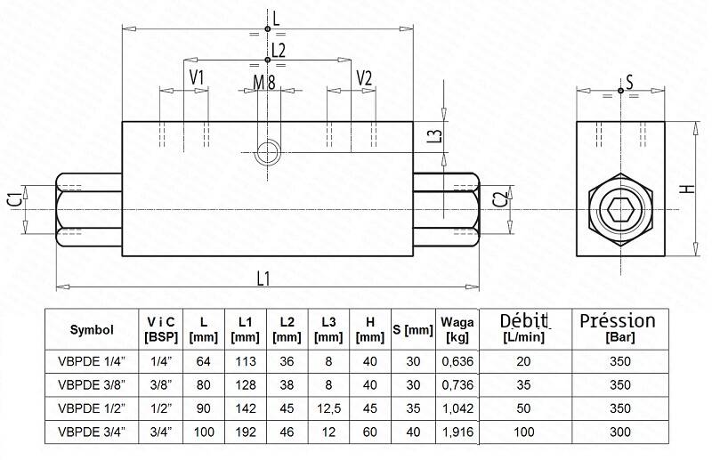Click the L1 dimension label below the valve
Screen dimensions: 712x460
[263, 278]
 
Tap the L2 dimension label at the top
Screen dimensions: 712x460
[279, 50]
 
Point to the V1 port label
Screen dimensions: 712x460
[197, 77]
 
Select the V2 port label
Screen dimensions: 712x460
[364, 78]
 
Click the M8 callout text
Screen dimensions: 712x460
[264, 83]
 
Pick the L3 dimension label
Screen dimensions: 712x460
[435, 136]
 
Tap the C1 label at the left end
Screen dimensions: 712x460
[15, 200]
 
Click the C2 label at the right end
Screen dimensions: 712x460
[500, 199]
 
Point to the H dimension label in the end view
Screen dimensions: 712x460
[689, 189]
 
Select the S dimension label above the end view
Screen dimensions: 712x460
[629, 83]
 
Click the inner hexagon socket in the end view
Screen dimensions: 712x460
[620, 210]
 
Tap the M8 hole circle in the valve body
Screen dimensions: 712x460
[267, 151]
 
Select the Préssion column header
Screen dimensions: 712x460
[618, 327]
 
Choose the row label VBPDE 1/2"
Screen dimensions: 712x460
[92, 408]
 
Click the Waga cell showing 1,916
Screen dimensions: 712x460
[457, 432]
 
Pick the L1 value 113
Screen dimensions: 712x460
[246, 361]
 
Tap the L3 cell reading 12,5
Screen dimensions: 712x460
[328, 408]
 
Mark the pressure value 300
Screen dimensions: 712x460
[619, 432]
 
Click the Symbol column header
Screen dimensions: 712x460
[92, 330]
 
